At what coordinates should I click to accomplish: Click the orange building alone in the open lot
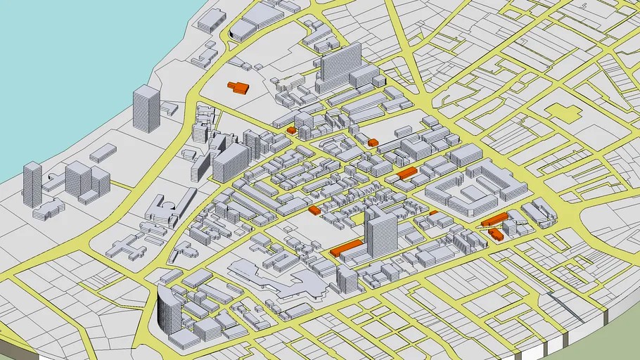[x=238, y=87]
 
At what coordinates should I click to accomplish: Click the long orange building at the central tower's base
[x=347, y=247]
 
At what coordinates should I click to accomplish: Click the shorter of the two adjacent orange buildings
[x=496, y=233]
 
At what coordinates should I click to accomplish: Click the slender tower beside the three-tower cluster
[x=32, y=184]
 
